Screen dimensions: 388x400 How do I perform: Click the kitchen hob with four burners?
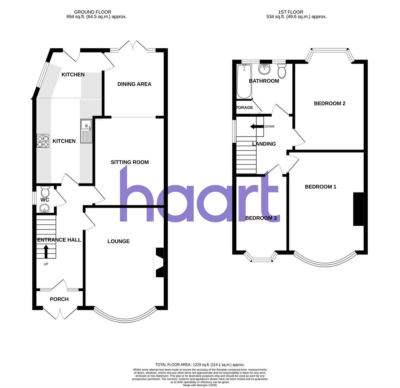[43, 141]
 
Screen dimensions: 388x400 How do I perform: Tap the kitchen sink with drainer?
[86, 131]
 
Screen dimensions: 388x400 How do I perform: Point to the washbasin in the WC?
[44, 209]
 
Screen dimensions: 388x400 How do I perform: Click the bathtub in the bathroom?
[244, 81]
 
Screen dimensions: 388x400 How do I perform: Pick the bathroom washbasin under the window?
[264, 69]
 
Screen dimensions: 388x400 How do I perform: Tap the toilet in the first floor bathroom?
[282, 71]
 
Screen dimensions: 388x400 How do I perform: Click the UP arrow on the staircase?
[46, 252]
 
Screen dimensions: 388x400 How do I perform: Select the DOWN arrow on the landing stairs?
[257, 127]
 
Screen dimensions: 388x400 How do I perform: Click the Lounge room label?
[118, 241]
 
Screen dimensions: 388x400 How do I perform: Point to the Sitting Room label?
[130, 162]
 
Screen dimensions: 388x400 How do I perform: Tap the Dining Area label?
[134, 84]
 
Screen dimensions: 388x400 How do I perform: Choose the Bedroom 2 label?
[329, 103]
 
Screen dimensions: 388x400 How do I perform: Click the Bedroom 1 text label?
[320, 187]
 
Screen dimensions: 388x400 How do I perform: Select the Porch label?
[59, 299]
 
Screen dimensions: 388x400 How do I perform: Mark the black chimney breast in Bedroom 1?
[358, 209]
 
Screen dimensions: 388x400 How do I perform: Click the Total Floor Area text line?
[200, 365]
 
